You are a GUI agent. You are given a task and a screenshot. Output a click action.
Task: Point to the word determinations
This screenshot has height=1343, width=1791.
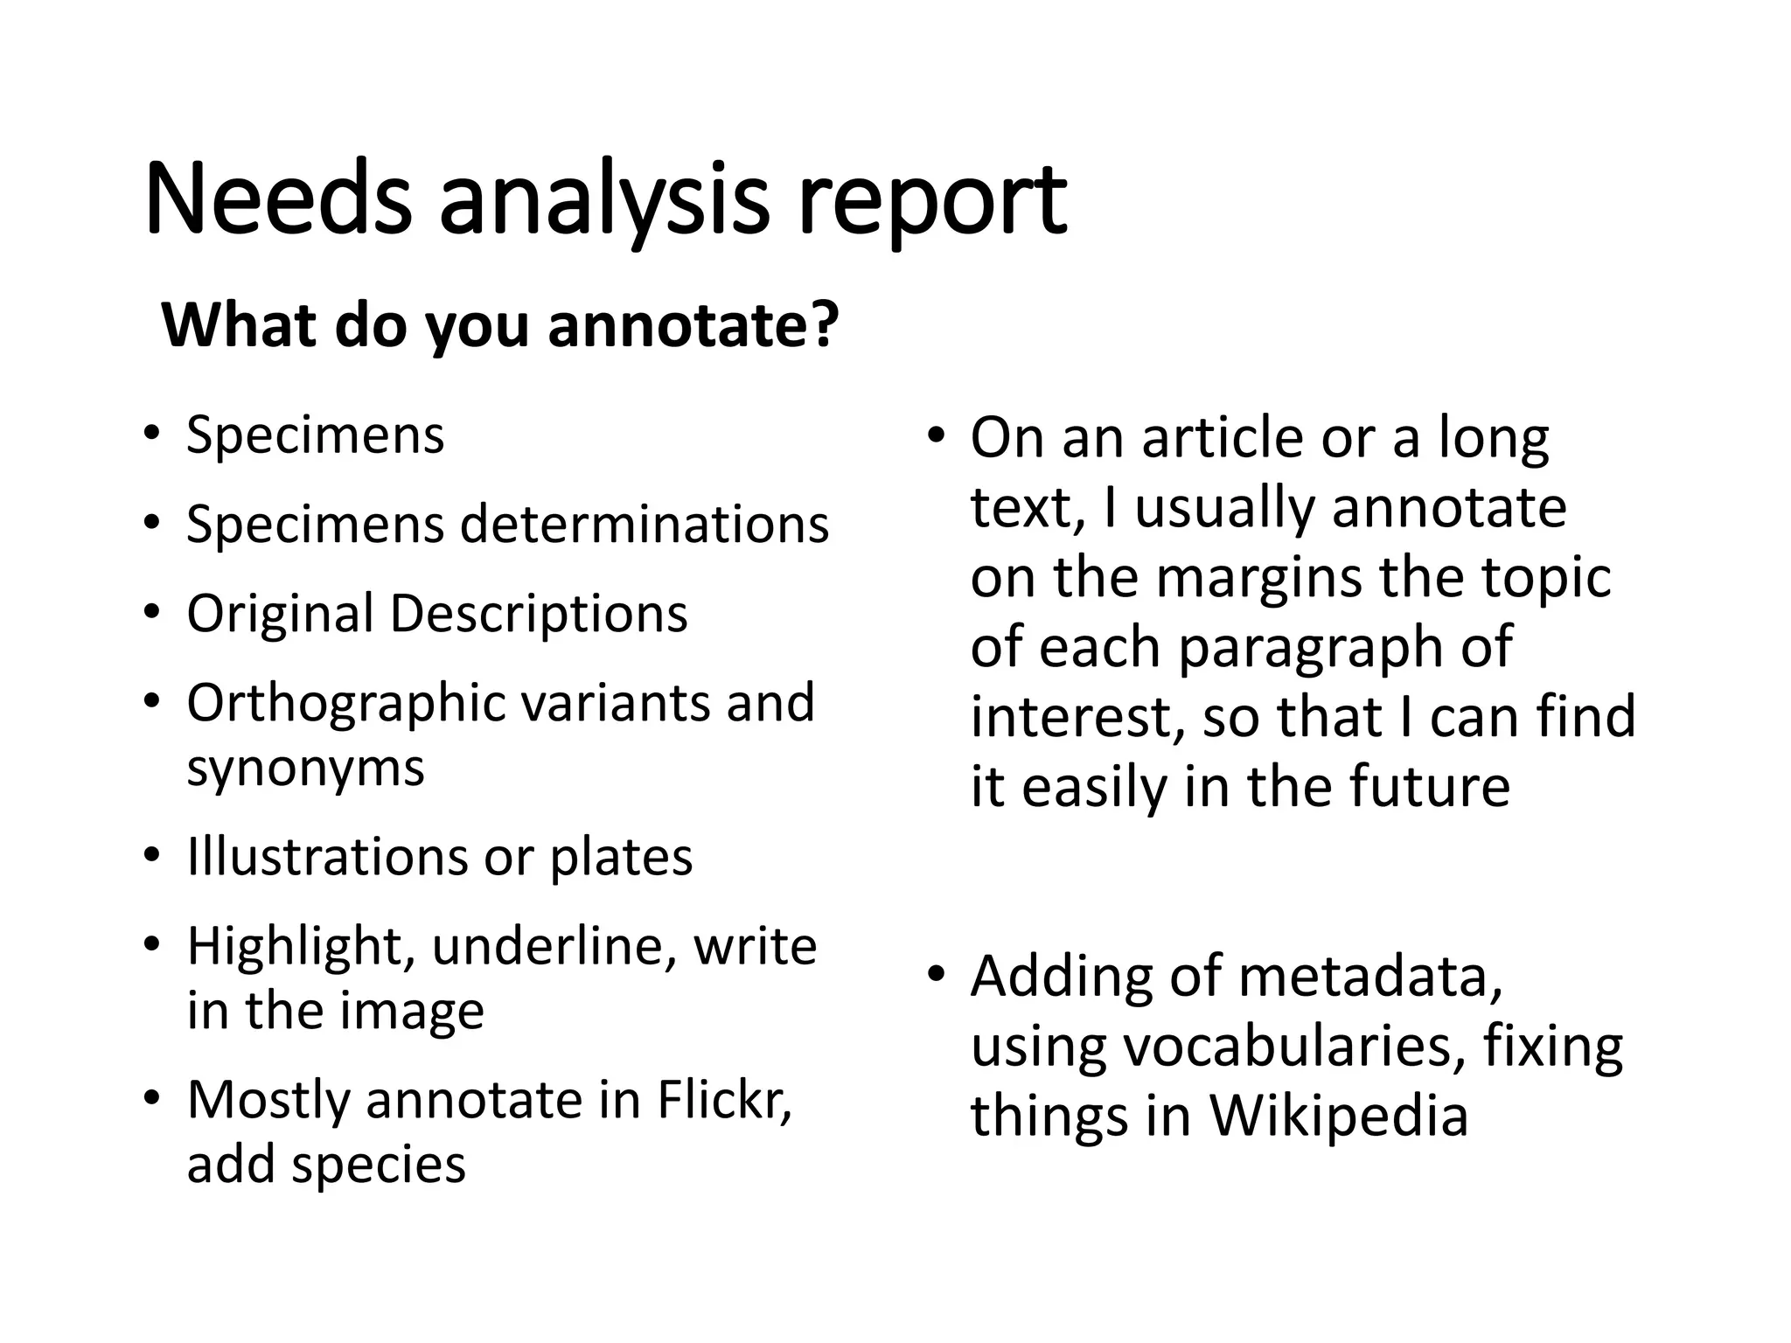click(645, 525)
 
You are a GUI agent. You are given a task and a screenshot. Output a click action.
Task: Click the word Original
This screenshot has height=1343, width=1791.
click(280, 614)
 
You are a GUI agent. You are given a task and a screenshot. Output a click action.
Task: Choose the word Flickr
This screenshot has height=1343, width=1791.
click(724, 1100)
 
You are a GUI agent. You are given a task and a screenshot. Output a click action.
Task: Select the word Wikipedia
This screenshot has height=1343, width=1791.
click(1338, 1117)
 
